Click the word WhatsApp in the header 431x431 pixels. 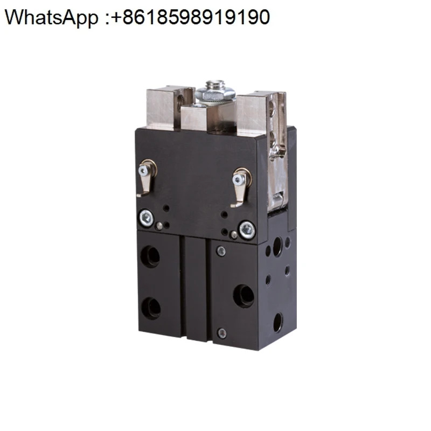51,17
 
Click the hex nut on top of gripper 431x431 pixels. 215,95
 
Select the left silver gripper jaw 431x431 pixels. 163,108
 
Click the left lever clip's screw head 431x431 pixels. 143,171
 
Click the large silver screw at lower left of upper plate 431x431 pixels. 146,218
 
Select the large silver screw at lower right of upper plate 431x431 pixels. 247,230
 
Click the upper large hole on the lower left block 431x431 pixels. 150,256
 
